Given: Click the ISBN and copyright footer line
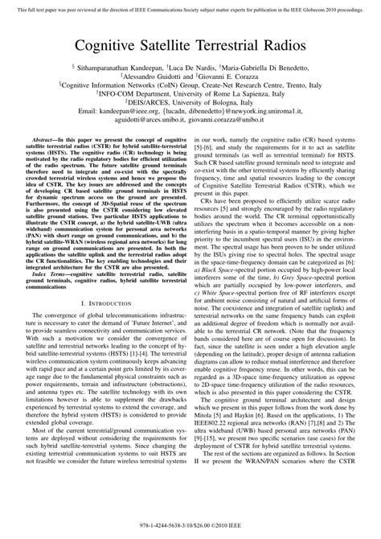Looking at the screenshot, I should point(190,525).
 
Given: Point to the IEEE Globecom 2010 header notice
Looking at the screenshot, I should point(190,6).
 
